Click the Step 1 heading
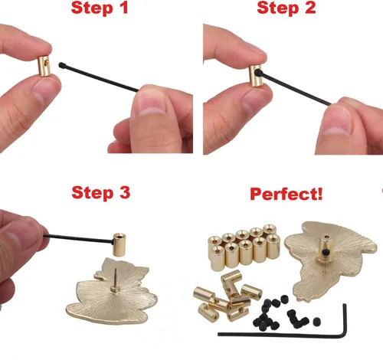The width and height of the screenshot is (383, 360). pyautogui.click(x=100, y=8)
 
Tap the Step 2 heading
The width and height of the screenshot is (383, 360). pyautogui.click(x=286, y=8)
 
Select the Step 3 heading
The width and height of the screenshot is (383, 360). pyautogui.click(x=101, y=193)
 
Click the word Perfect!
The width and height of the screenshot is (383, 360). pyautogui.click(x=286, y=194)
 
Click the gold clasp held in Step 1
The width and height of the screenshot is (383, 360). pyautogui.click(x=44, y=66)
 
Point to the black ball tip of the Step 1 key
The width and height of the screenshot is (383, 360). pyautogui.click(x=61, y=65)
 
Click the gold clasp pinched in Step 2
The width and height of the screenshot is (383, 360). pyautogui.click(x=256, y=76)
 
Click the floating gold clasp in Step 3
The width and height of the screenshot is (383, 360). pyautogui.click(x=119, y=244)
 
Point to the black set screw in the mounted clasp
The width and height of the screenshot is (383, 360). pyautogui.click(x=326, y=253)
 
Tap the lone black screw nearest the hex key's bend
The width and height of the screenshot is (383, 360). pyautogui.click(x=316, y=322)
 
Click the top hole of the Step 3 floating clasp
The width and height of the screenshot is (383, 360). pyautogui.click(x=119, y=235)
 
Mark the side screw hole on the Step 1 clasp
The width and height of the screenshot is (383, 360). pyautogui.click(x=45, y=62)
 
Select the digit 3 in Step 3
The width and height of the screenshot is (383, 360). pyautogui.click(x=125, y=192)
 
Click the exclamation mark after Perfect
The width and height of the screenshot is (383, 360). pyautogui.click(x=320, y=194)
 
